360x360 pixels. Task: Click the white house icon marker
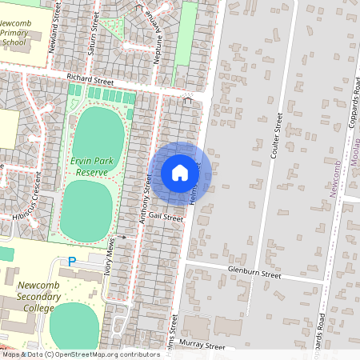[180, 172]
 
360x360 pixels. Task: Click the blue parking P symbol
[71, 262]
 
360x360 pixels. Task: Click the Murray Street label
[205, 346]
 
